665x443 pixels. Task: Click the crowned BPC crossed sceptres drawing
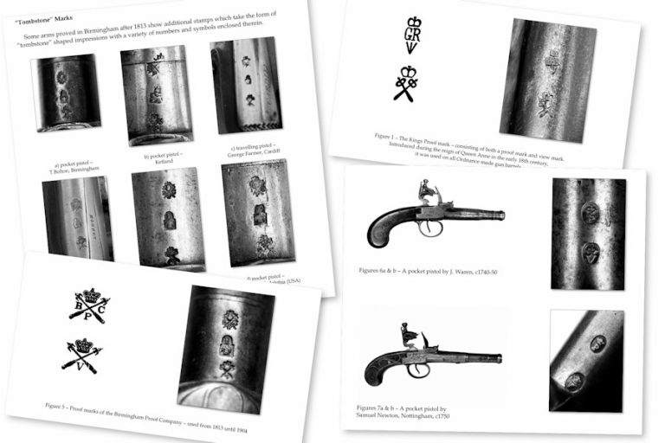coord(89,305)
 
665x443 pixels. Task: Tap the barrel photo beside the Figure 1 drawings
coord(546,80)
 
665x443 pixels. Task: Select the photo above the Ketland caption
coord(156,93)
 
